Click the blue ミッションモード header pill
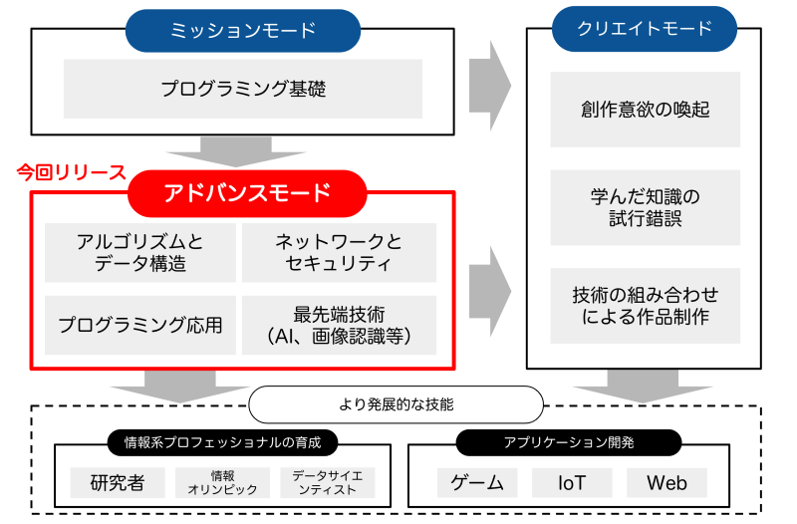[x=243, y=30]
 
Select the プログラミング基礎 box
[x=243, y=90]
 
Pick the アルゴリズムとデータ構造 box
[x=140, y=253]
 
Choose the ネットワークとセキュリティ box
[x=339, y=253]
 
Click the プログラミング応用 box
[x=140, y=325]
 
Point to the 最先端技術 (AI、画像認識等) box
[x=339, y=325]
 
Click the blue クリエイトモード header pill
[x=645, y=29]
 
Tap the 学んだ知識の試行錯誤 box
[x=645, y=207]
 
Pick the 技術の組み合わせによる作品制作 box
[x=645, y=306]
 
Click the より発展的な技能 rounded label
[x=396, y=404]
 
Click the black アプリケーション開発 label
[x=569, y=441]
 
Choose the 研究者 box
[x=118, y=483]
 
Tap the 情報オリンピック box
[x=222, y=483]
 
